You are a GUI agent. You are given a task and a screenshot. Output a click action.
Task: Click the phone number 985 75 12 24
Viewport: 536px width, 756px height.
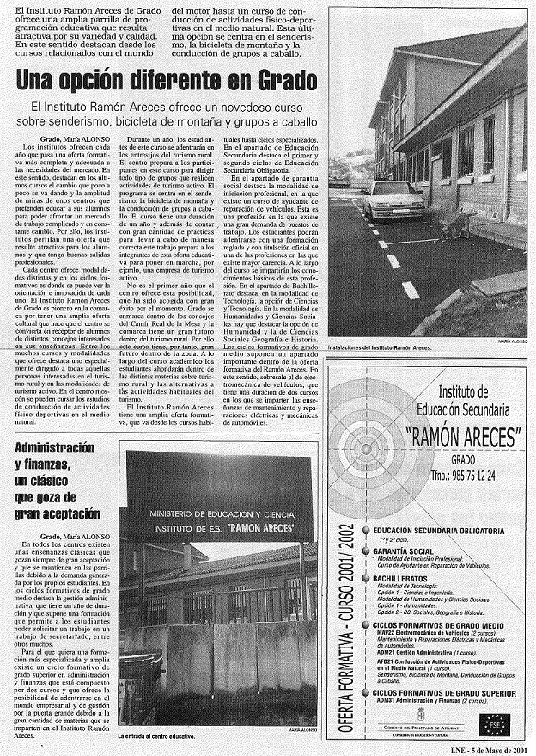click(x=466, y=476)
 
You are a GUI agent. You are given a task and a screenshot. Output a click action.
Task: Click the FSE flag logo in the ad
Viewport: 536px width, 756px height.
click(x=496, y=721)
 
